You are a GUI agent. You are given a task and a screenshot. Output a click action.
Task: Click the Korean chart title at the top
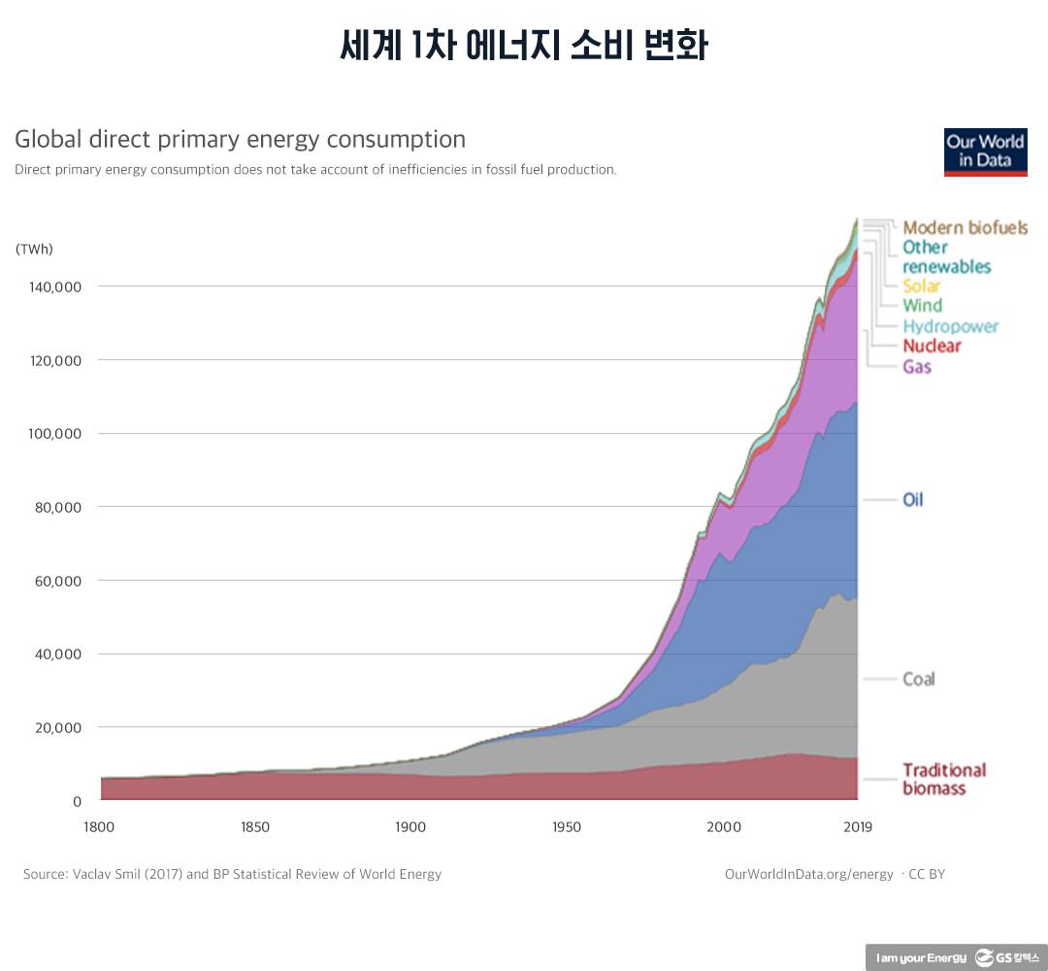(x=524, y=46)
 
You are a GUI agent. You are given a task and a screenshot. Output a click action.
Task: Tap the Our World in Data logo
(x=985, y=151)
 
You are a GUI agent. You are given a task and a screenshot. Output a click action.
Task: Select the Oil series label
(x=913, y=500)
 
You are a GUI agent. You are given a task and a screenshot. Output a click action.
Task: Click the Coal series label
(x=918, y=679)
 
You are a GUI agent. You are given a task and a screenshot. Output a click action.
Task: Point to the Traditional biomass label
(x=943, y=779)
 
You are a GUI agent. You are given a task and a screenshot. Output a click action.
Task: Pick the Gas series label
(x=917, y=367)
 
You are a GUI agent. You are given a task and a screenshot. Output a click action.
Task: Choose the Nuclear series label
(x=932, y=346)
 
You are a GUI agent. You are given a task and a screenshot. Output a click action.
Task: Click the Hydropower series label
(x=950, y=326)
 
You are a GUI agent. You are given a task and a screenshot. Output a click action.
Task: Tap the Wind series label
(x=922, y=306)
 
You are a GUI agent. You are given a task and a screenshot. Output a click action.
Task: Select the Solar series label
(x=921, y=286)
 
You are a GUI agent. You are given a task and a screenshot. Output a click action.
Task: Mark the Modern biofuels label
(x=965, y=228)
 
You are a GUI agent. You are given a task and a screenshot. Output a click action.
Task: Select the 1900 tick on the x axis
(x=410, y=827)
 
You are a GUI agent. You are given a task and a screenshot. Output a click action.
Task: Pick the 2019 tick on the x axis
(x=857, y=827)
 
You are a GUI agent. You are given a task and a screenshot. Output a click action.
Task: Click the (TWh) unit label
(x=34, y=249)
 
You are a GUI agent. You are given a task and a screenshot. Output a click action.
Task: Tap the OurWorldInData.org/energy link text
(x=808, y=874)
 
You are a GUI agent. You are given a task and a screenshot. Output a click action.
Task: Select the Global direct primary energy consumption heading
(x=240, y=139)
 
